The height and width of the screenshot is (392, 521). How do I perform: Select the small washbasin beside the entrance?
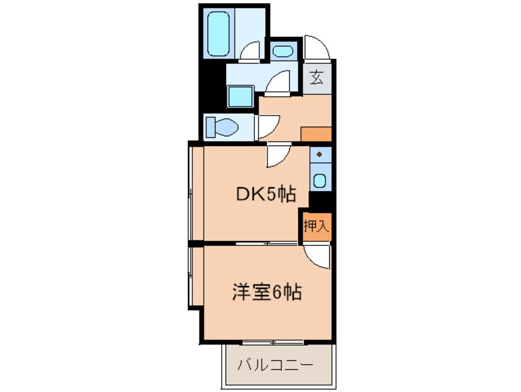[284, 51]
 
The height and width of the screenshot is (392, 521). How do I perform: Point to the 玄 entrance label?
[317, 78]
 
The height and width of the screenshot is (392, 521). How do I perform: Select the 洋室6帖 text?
[266, 292]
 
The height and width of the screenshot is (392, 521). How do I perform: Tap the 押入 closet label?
[315, 226]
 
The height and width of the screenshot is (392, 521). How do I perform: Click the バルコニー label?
[276, 365]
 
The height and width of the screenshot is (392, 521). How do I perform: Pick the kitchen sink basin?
[320, 180]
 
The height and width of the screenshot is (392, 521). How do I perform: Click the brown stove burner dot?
[320, 153]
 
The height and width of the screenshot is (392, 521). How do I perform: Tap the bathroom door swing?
[251, 52]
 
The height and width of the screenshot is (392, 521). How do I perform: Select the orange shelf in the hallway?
[316, 134]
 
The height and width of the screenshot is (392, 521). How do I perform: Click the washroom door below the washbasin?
[278, 83]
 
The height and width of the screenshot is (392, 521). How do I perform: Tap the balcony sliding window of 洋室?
[272, 341]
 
